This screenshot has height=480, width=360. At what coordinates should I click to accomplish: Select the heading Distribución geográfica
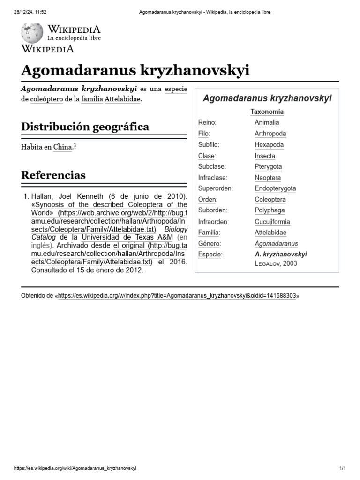tap(85, 127)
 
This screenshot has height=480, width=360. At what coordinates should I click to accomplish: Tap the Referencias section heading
tap(53, 175)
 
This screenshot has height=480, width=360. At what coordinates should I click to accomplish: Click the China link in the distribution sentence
tap(63, 147)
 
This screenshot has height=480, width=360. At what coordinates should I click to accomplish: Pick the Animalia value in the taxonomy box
tap(267, 122)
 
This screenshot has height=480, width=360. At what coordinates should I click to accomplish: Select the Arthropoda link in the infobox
tap(270, 134)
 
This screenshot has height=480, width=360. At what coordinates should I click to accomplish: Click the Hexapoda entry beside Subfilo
tap(269, 144)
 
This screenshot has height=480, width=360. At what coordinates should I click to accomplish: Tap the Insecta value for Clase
tap(265, 156)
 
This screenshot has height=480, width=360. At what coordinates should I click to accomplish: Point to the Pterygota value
tap(268, 166)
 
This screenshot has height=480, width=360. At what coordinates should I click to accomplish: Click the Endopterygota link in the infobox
tap(275, 188)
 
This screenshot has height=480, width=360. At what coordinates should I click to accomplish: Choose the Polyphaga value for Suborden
tap(270, 210)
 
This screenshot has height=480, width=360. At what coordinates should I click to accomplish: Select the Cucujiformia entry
tap(272, 222)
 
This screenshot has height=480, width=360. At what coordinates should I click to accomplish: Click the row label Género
tap(209, 244)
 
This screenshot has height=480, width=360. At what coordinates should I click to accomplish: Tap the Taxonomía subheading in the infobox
tap(267, 112)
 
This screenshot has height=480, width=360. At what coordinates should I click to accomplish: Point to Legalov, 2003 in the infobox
tap(276, 263)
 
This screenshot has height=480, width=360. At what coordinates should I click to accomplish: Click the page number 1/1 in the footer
tap(342, 468)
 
